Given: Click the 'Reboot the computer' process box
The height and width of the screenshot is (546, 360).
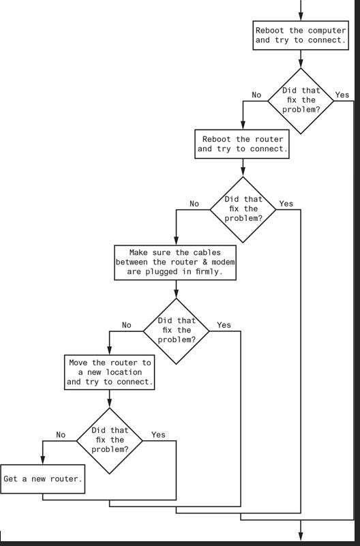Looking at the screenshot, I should coord(300,35).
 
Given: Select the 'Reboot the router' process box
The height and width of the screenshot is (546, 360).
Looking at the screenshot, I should coord(242,144).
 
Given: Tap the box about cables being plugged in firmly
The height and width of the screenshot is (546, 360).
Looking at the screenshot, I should coord(176,262).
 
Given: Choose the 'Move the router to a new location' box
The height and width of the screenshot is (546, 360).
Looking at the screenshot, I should coord(109,373).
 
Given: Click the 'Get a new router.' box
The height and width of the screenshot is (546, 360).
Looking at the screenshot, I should coord(43,479).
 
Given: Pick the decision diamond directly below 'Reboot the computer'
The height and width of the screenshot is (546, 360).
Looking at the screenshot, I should coord(300,100).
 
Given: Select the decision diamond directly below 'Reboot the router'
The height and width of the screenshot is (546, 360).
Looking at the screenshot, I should coord(243,209).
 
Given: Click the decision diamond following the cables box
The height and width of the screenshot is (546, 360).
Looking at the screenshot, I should coord(177,330).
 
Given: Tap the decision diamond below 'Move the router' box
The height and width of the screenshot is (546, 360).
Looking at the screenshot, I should coord(109,440).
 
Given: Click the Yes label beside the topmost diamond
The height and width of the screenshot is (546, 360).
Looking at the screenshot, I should coord(342,95).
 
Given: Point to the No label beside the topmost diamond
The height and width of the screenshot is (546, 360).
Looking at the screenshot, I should coord(256,95).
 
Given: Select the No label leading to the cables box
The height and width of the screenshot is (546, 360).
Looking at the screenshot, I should coord(194,204).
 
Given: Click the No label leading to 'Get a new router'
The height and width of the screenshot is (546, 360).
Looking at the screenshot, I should coord(61,435).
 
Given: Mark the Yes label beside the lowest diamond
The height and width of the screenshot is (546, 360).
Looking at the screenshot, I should coord(158,435).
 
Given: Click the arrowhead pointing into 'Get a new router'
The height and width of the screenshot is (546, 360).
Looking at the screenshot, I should coord(43,461).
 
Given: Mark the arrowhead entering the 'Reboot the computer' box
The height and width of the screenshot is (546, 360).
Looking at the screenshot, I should coord(300,18).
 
